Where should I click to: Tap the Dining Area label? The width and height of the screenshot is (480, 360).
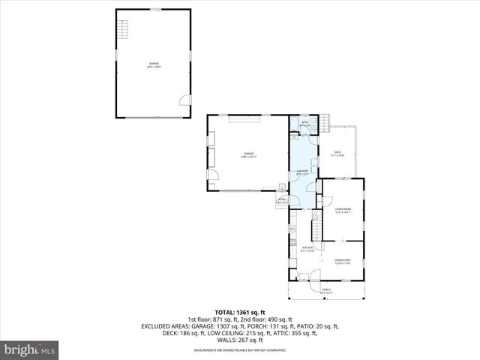click(x=343, y=262)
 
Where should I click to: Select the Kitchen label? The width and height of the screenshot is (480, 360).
click(x=307, y=248)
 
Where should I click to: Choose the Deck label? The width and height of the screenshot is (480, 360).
click(x=337, y=154)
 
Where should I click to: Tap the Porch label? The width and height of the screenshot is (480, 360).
click(x=326, y=290)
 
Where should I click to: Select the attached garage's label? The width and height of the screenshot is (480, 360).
click(x=248, y=155)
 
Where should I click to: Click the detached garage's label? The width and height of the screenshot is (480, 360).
click(x=154, y=64)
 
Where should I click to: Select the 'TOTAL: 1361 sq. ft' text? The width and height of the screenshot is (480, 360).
click(x=240, y=312)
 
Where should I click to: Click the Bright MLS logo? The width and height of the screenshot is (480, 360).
click(x=30, y=349)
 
